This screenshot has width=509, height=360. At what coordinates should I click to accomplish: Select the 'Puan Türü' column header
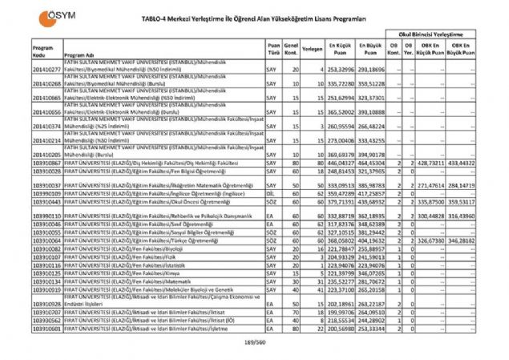click(x=274, y=48)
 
